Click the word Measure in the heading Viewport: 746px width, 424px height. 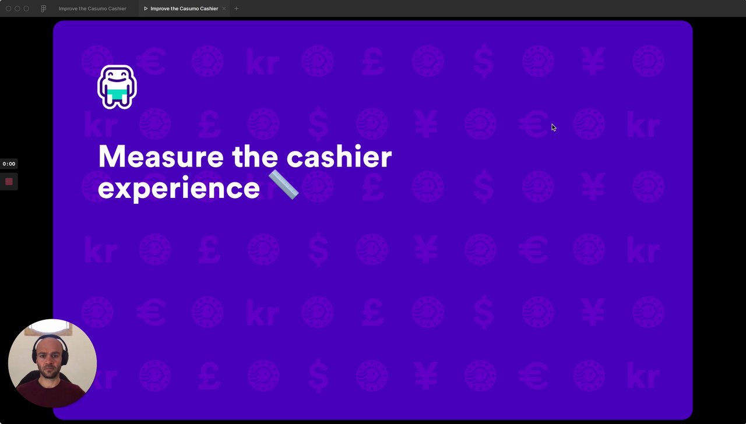161,157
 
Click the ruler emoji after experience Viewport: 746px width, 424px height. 283,185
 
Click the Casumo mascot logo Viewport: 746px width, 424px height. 117,87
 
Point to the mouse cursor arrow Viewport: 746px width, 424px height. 554,128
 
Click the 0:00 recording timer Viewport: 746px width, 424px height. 9,164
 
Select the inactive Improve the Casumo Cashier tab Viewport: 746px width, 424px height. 92,9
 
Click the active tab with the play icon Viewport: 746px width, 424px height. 181,9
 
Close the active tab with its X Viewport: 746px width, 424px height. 224,9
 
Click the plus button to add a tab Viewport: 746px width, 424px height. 236,9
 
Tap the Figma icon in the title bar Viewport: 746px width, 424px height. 43,9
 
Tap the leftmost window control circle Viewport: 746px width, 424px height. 9,9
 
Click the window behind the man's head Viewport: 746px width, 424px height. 50,328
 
